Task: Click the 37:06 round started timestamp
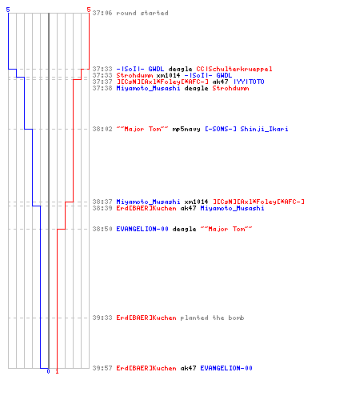102,13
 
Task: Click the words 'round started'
142,13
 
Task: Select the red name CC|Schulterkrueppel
234,69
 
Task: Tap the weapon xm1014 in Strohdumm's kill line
168,75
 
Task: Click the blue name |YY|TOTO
249,82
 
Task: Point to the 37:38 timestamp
102,88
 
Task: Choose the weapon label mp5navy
186,129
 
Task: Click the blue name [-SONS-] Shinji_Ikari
246,129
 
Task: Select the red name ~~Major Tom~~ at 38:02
142,129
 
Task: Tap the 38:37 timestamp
102,202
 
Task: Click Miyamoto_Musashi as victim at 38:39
232,208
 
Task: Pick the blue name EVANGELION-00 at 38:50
142,229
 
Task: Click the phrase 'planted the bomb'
212,318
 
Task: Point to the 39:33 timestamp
102,318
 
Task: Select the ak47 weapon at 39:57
188,368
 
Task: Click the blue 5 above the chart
8,10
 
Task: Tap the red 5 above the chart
89,10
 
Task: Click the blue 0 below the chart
48,371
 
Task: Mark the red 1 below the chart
57,371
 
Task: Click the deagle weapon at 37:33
180,69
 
